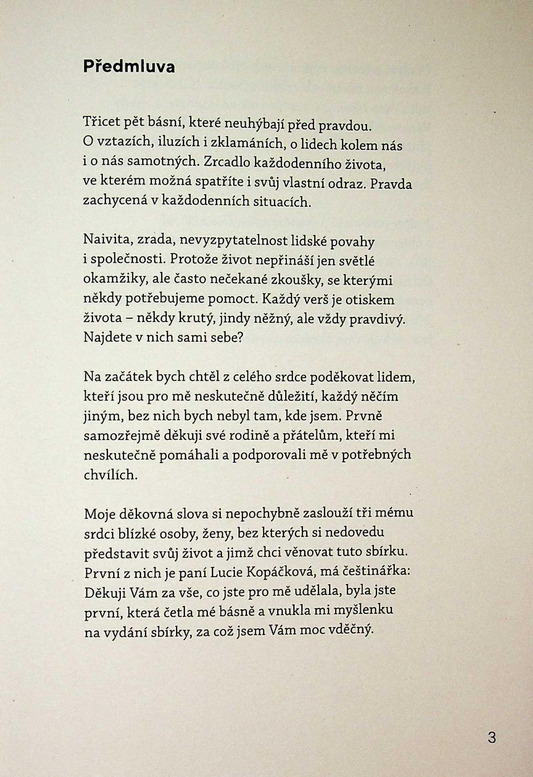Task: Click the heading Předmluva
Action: point(129,66)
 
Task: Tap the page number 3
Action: point(492,738)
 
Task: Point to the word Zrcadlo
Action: point(227,162)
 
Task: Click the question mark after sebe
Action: point(241,337)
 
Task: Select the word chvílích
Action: point(109,474)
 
